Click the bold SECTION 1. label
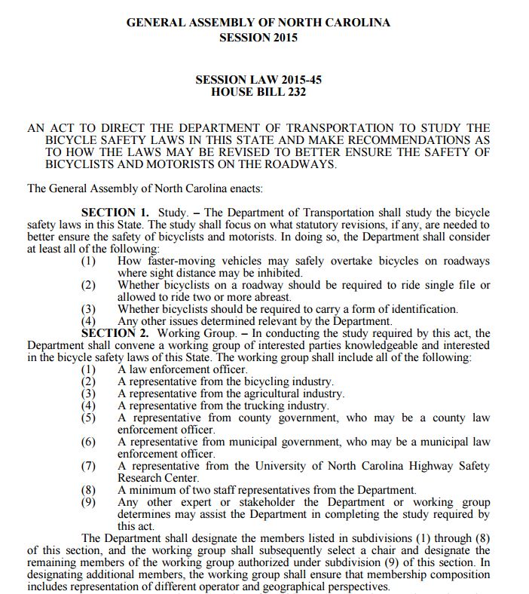point(115,213)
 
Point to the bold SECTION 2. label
point(115,332)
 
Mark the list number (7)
point(88,466)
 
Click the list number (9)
point(88,502)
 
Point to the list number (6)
point(88,442)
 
